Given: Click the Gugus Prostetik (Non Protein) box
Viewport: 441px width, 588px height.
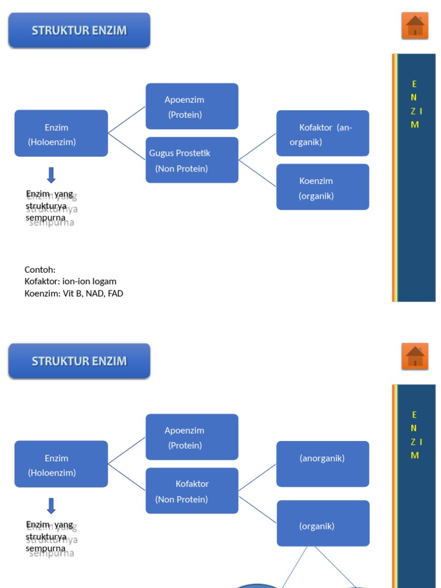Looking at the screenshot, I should click(192, 160).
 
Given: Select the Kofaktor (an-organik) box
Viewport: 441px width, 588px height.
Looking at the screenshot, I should click(323, 134).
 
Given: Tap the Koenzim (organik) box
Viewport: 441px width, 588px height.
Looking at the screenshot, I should click(323, 187).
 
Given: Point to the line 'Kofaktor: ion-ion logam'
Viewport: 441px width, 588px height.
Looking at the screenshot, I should click(71, 281).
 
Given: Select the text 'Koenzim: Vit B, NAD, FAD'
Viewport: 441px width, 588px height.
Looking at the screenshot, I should click(74, 293).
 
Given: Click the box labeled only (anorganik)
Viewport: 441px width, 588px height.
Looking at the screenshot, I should click(323, 464).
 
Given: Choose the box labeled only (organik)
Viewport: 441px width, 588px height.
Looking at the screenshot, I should click(323, 523).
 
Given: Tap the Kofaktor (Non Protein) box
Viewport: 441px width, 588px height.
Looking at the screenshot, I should click(192, 491).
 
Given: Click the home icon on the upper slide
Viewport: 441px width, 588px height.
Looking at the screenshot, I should click(415, 26).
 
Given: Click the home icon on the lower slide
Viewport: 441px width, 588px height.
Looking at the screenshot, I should click(415, 357).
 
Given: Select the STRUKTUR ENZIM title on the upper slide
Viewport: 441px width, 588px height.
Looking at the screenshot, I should click(79, 30).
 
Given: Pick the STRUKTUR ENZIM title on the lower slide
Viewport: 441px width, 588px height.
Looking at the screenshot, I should click(79, 361).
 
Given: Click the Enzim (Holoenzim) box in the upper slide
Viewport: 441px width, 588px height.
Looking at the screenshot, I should click(61, 134).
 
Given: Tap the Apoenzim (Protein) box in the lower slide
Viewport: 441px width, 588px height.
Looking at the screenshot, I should click(192, 437).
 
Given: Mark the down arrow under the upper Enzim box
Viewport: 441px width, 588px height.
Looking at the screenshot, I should click(51, 175).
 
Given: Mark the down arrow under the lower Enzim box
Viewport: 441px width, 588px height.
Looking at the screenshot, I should click(51, 506).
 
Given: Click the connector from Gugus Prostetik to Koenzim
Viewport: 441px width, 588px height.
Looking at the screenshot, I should click(257, 173).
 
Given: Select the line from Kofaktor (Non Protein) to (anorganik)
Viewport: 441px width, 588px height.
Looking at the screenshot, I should click(257, 478).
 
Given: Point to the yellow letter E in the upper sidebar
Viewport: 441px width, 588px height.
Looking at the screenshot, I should click(415, 84).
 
